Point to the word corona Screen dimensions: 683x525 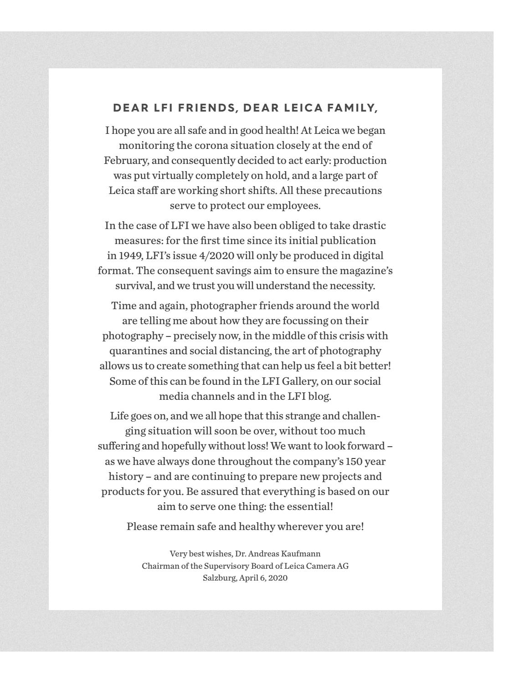(x=200, y=146)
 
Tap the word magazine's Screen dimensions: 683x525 (x=364, y=270)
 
